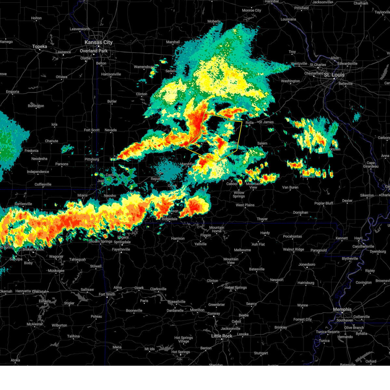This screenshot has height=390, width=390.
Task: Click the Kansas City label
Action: click(x=98, y=42)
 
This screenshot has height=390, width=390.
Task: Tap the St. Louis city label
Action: click(x=334, y=75)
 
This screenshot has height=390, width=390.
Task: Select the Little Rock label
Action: click(x=222, y=336)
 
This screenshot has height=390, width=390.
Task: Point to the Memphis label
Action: click(x=342, y=309)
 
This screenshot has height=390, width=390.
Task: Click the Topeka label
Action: click(x=40, y=46)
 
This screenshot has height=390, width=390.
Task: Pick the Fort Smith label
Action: click(x=107, y=294)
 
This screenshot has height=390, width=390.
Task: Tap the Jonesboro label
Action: click(x=307, y=264)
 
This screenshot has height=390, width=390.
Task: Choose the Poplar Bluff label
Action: click(x=324, y=203)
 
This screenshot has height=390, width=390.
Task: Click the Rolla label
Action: click(x=250, y=123)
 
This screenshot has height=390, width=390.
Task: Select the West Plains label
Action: click(x=245, y=205)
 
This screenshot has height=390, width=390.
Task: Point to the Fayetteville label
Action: click(x=121, y=249)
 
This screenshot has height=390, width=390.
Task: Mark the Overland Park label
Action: click(x=94, y=51)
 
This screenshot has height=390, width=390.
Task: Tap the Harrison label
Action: click(x=178, y=238)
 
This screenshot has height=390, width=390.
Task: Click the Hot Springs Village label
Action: click(x=184, y=339)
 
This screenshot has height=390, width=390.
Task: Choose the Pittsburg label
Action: click(x=92, y=159)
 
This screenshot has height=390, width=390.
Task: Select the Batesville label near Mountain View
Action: click(x=257, y=269)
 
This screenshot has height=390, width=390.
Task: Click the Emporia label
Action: click(x=12, y=92)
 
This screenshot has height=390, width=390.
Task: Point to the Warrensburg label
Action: click(x=144, y=67)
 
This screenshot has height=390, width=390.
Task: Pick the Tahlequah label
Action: click(x=77, y=259)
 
